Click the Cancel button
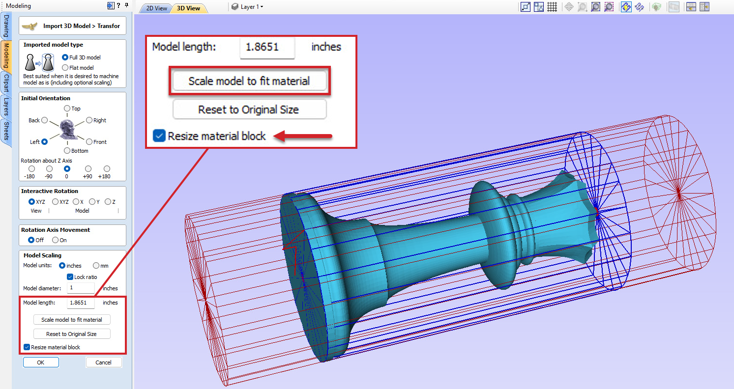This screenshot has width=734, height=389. (103, 362)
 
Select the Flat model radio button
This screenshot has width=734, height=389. (65, 68)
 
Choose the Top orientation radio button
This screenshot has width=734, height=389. (67, 108)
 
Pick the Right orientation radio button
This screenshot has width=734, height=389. (89, 120)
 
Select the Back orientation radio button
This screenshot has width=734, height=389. (45, 120)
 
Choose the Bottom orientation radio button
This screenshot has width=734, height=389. (67, 150)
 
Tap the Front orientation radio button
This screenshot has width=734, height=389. (89, 141)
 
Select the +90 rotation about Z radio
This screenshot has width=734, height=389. (88, 169)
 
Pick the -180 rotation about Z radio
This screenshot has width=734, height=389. (32, 169)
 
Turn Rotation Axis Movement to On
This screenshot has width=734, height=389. (56, 240)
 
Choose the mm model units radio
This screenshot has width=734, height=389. (96, 266)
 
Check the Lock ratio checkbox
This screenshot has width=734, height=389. (70, 277)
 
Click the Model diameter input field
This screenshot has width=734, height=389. (81, 288)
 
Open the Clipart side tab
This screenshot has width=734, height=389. (6, 83)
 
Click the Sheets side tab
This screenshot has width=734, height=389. (6, 130)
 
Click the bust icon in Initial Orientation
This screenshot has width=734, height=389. (67, 129)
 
